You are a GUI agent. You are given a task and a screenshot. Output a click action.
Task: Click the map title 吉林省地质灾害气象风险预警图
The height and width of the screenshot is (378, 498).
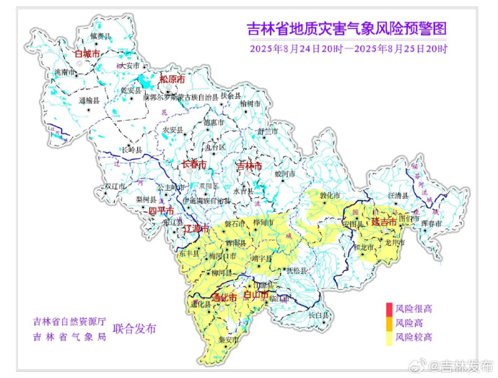(346, 30)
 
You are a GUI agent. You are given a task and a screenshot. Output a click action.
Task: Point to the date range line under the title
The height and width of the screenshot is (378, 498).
(349, 49)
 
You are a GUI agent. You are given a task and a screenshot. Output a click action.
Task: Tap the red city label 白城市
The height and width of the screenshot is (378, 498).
(87, 53)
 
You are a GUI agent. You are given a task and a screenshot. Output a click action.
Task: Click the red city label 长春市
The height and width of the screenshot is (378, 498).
(193, 165)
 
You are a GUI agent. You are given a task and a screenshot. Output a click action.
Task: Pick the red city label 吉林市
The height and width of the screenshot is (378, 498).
(250, 166)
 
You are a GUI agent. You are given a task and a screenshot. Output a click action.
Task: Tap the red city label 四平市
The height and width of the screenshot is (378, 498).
(162, 211)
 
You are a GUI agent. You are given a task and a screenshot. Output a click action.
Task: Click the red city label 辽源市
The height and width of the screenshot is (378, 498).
(196, 228)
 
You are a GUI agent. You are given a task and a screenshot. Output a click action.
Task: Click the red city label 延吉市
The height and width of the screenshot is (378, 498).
(384, 223)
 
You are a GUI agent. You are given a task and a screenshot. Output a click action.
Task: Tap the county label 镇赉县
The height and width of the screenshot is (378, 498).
(100, 35)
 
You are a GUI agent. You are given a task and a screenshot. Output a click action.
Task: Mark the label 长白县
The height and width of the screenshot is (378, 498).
(318, 315)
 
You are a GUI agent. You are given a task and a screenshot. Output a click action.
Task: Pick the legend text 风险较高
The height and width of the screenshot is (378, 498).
(414, 337)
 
